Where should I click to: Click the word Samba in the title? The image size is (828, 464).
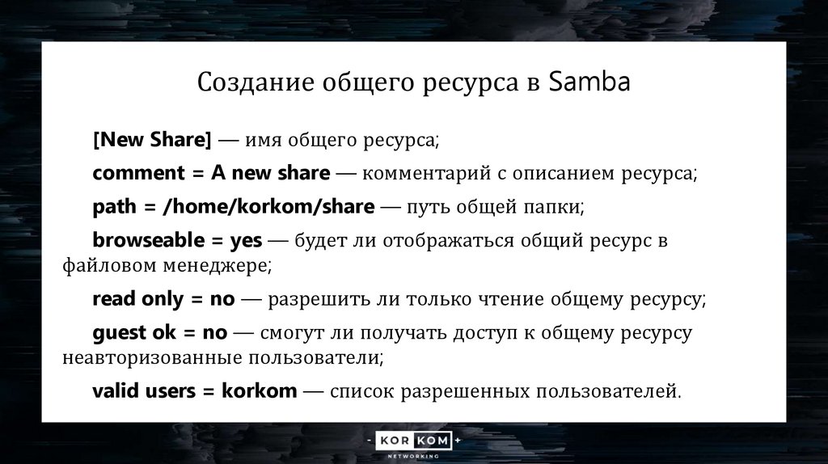click(x=589, y=82)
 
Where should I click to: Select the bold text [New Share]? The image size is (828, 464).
click(x=152, y=139)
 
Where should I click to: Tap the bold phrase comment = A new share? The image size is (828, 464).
click(x=211, y=173)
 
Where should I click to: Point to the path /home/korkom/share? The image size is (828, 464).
click(x=268, y=207)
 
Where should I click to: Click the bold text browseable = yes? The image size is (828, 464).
click(x=177, y=240)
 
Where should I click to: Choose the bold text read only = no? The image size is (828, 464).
click(x=163, y=299)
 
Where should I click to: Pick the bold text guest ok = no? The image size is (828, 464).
click(x=160, y=333)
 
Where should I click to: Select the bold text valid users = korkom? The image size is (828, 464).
click(x=195, y=392)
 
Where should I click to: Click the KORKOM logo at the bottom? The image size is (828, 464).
click(x=414, y=441)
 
